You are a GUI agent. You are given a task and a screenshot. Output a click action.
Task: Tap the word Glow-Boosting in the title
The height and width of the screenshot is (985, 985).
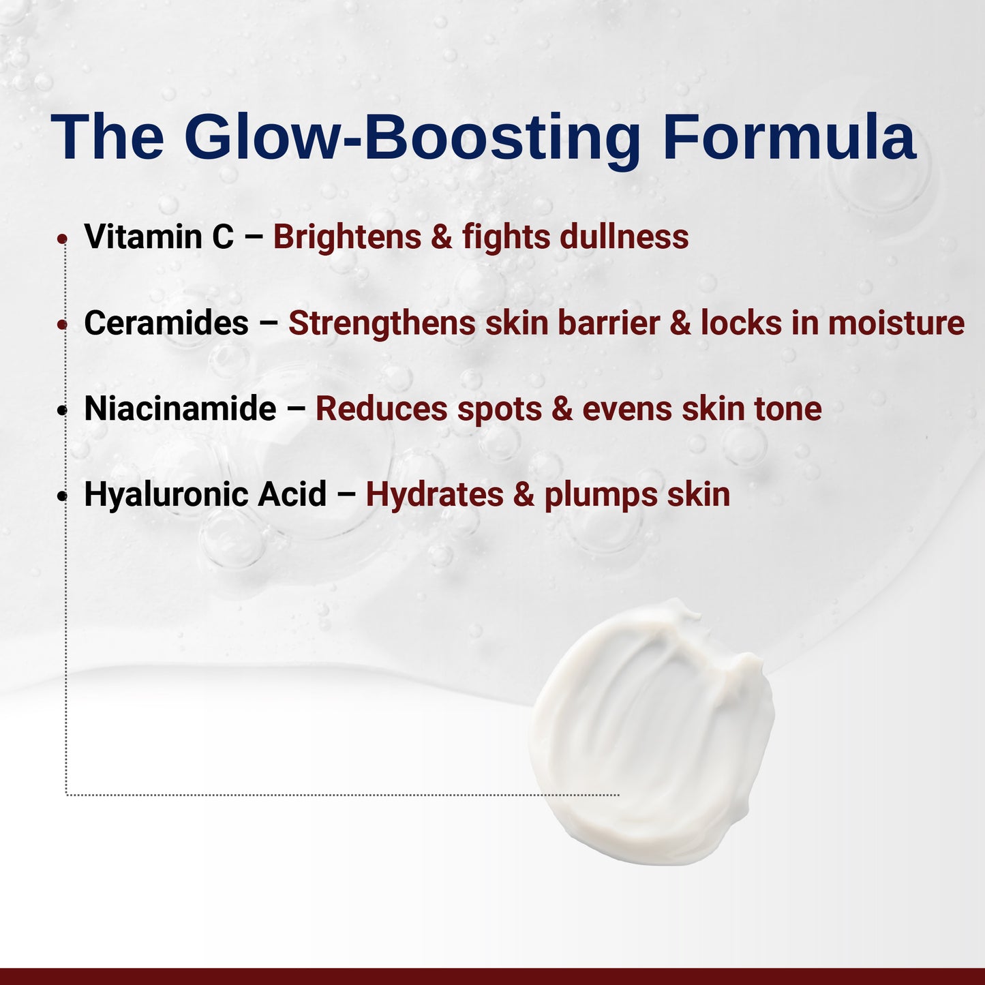pyautogui.click(x=412, y=138)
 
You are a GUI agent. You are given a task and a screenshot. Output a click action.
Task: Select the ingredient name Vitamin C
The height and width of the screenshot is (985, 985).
pyautogui.click(x=158, y=237)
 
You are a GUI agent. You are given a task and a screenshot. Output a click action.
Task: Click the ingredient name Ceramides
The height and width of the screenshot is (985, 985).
pyautogui.click(x=166, y=323)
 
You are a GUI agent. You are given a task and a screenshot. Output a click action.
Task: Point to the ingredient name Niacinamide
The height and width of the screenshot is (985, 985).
pyautogui.click(x=180, y=409)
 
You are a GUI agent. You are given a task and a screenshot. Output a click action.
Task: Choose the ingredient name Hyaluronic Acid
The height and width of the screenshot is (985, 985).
pyautogui.click(x=205, y=495)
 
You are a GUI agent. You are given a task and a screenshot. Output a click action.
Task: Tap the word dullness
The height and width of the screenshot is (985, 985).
pyautogui.click(x=624, y=237)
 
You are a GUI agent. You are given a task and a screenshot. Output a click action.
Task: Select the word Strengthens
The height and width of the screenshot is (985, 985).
pyautogui.click(x=382, y=323)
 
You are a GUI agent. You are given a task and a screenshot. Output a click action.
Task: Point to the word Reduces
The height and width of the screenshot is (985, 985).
pyautogui.click(x=381, y=409)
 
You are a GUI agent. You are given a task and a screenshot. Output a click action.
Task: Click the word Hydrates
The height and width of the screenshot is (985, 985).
pyautogui.click(x=434, y=495)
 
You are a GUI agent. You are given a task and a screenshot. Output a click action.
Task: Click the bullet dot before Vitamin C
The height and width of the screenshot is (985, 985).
pyautogui.click(x=62, y=239)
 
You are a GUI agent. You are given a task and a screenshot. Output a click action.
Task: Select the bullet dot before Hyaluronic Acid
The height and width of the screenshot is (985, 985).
pyautogui.click(x=62, y=496)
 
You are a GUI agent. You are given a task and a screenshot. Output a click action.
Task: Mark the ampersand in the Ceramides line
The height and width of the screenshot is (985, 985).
pyautogui.click(x=680, y=323)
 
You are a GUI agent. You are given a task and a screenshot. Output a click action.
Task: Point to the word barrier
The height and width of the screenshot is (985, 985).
pyautogui.click(x=609, y=323)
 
